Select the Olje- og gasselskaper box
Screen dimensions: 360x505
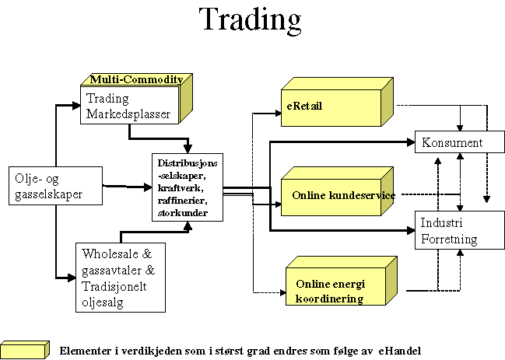point(55,185)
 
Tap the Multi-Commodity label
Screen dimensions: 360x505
point(136,79)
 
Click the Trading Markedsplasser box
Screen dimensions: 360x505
point(129,107)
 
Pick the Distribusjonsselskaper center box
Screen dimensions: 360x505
point(188,187)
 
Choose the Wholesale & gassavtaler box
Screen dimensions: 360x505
point(124,277)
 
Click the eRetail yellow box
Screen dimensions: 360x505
point(335,104)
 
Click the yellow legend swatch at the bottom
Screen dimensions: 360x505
point(25,349)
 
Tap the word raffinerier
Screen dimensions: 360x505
point(184,200)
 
